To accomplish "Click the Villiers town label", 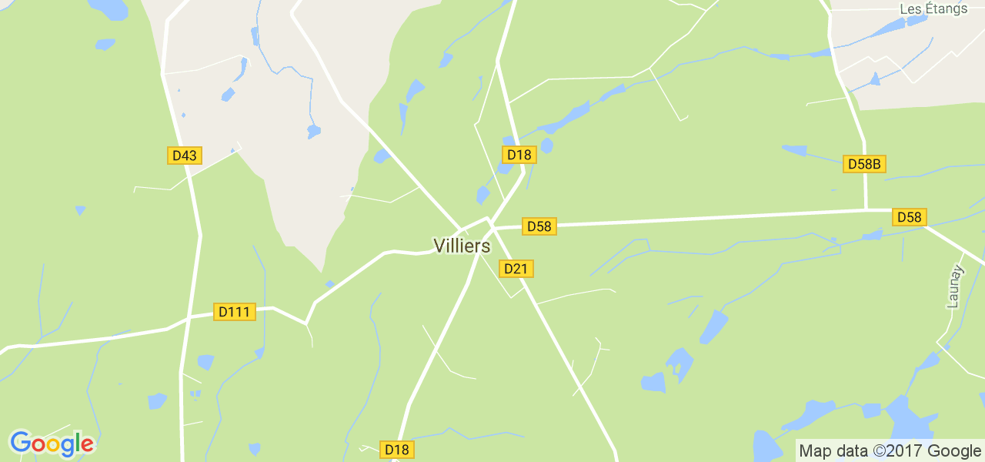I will point(462,246).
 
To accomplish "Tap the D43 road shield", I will point(185,156).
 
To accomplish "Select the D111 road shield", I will point(234,312).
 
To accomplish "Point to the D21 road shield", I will point(516,269).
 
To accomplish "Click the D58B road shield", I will point(864,164).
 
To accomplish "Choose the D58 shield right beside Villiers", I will point(539,226).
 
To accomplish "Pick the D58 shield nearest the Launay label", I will point(909,217).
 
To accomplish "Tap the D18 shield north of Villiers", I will point(519,155).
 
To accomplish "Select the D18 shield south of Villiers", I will point(397,450).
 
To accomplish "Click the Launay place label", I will point(955,286).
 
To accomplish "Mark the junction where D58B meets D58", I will point(866,209).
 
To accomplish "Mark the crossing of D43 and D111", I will point(188,318).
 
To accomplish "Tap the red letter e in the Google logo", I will point(87,445).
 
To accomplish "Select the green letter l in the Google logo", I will point(77,443).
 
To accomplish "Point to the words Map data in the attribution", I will point(832,451).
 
